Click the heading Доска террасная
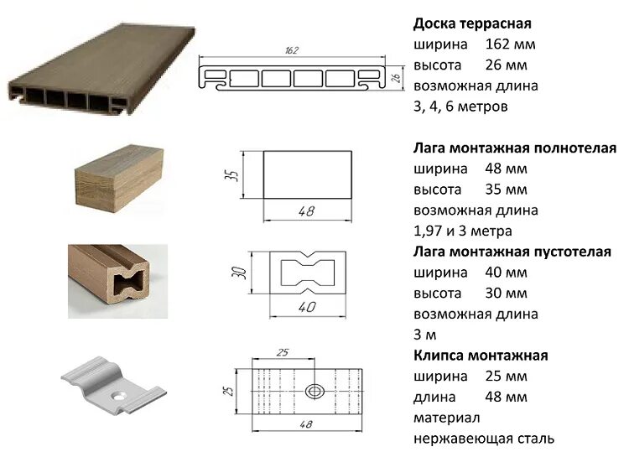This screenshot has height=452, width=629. (x=472, y=23)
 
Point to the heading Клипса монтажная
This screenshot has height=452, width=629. (x=481, y=356)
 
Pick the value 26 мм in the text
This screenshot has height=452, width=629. (x=506, y=65)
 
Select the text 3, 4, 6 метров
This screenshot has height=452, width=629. (x=460, y=107)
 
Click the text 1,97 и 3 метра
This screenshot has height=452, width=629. (x=462, y=231)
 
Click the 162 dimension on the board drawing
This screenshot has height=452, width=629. (x=292, y=50)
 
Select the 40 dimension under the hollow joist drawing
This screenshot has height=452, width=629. (x=307, y=307)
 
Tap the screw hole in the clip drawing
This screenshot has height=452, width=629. (x=315, y=391)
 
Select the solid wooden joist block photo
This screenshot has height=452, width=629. (x=112, y=176)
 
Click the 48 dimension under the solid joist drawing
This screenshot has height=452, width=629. (x=306, y=211)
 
